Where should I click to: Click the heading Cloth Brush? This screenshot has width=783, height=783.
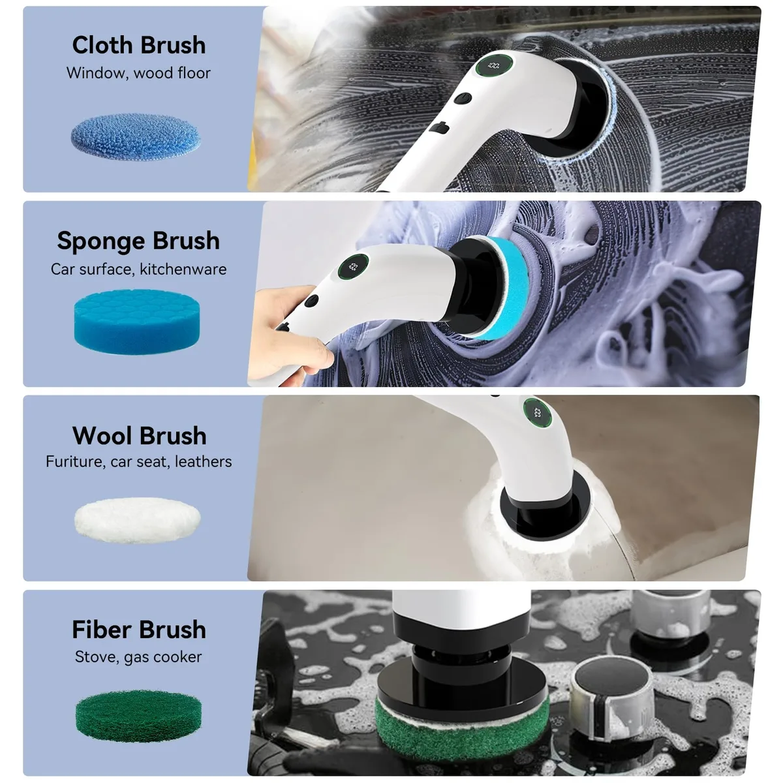[139, 45]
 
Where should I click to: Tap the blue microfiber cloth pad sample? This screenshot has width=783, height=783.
[136, 136]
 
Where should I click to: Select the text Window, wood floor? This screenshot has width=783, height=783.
[138, 73]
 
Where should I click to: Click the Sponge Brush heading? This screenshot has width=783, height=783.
[138, 241]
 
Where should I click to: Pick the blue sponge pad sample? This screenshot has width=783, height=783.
[137, 322]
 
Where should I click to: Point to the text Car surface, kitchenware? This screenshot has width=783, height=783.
[138, 269]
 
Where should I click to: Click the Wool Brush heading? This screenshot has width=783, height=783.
[140, 436]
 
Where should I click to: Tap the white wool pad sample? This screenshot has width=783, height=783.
[137, 520]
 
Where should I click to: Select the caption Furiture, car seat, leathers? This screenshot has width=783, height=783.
[138, 461]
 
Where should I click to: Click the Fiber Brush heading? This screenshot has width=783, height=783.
[139, 630]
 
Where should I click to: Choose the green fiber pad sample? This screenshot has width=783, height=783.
[138, 716]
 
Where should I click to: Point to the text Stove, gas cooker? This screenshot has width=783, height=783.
[138, 657]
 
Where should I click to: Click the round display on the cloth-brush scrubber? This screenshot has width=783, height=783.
[495, 65]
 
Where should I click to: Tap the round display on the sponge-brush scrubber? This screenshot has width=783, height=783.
[354, 267]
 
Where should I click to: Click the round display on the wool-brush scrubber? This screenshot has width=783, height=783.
[537, 413]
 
